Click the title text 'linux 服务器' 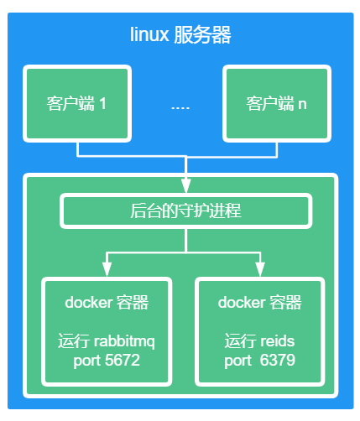pyautogui.click(x=180, y=35)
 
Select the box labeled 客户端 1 pyautogui.click(x=77, y=104)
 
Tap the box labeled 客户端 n pyautogui.click(x=276, y=104)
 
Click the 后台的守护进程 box pyautogui.click(x=185, y=210)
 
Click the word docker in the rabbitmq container pyautogui.click(x=87, y=302)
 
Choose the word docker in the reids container pyautogui.click(x=241, y=302)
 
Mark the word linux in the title pyautogui.click(x=148, y=35)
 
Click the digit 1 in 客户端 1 pyautogui.click(x=102, y=105)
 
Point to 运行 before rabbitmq pyautogui.click(x=70, y=342)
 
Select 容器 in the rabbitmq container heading pyautogui.click(x=132, y=302)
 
